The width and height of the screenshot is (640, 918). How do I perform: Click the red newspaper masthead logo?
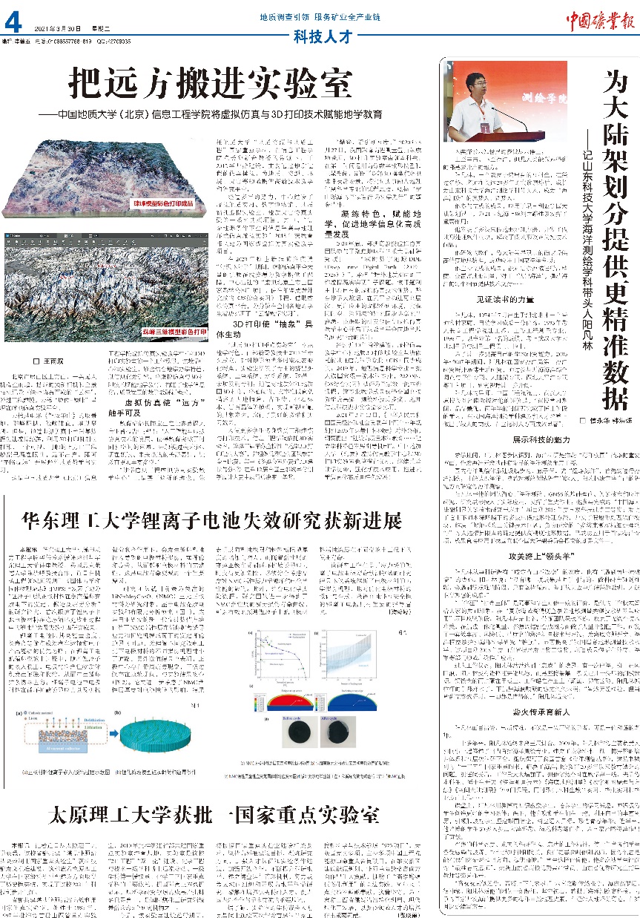click(600, 20)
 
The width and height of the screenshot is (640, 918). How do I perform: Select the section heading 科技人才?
click(320, 35)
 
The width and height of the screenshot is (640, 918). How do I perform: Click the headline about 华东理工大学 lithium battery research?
click(211, 520)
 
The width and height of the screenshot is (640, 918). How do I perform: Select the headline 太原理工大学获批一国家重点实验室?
click(214, 816)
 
